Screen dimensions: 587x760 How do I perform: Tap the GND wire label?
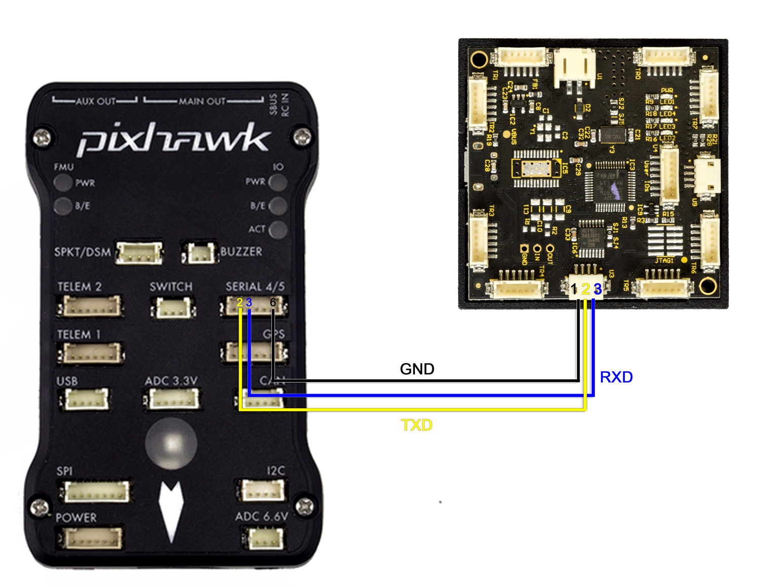416,369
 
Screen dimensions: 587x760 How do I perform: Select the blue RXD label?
616,377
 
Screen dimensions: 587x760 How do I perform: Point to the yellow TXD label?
416,425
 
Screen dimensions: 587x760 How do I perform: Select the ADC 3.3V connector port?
172,399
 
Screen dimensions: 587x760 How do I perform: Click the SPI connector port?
96,491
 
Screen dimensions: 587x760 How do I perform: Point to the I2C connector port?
262,490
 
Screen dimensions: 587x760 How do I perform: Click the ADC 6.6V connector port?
264,538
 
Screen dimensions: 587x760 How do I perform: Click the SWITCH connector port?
173,306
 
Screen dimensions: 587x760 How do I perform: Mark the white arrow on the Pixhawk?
171,509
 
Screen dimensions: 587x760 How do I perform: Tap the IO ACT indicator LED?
278,229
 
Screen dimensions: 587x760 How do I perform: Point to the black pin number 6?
273,303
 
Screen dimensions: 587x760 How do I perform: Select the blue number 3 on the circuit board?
598,289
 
